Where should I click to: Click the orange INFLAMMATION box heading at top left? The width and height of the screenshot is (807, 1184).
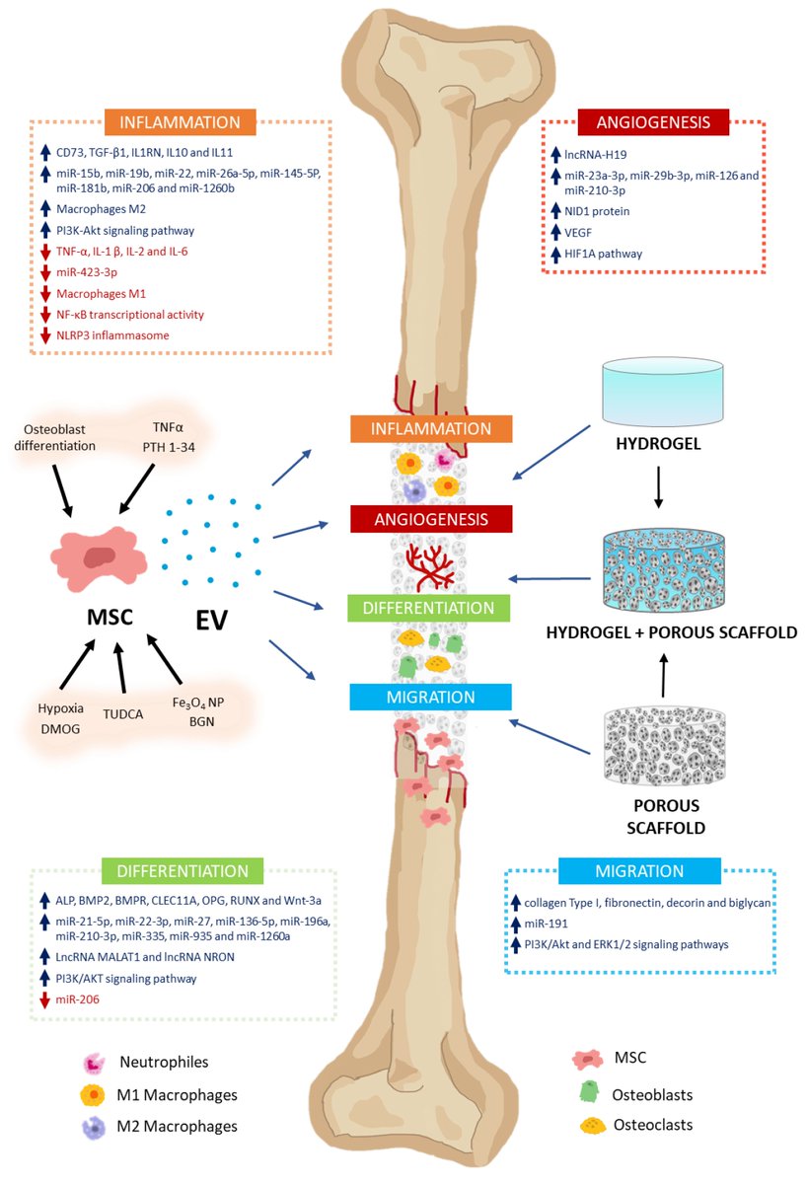[x=180, y=123]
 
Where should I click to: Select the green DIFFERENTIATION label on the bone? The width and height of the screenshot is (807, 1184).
[x=430, y=607]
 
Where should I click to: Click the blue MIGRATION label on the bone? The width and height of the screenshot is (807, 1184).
[x=430, y=698]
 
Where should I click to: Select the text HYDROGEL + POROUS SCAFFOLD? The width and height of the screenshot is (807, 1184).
[x=671, y=632]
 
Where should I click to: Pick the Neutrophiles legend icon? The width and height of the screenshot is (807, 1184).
[x=95, y=1063]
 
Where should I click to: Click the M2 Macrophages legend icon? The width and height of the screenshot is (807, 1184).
[x=95, y=1126]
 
